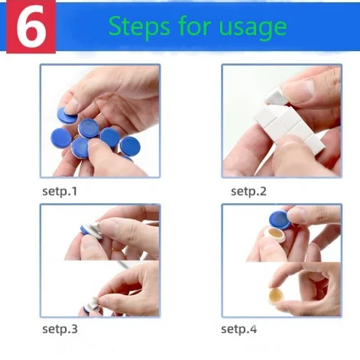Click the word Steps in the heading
pos(139,27)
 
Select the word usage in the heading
pos(253,28)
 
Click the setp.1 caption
pos(60,191)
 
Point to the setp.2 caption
pos(248,191)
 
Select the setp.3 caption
pos(60,329)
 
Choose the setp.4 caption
pos(238,329)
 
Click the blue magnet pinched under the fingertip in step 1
pos(66,115)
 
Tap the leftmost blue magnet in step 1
pos(61,138)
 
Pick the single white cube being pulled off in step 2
pos(277,96)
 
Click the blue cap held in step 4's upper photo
pos(280,220)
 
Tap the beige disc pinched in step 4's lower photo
pos(278,298)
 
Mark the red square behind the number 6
pos(31,27)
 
